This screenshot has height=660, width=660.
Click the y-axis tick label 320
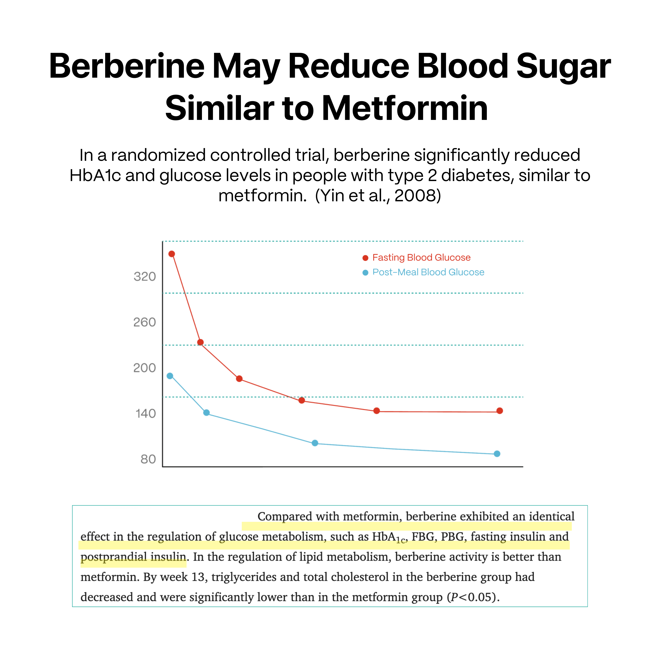pos(145,276)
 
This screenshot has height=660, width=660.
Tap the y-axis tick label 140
pos(145,414)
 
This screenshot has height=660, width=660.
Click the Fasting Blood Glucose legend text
pos(421,258)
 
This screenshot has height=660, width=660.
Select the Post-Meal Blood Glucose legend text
pos(428,272)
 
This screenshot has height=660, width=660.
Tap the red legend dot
pos(365,258)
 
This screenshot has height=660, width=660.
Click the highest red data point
pos(172,254)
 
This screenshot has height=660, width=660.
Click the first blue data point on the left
pos(170,376)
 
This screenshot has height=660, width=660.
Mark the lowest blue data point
pos(497,454)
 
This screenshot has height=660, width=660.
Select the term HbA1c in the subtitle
pos(95,176)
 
